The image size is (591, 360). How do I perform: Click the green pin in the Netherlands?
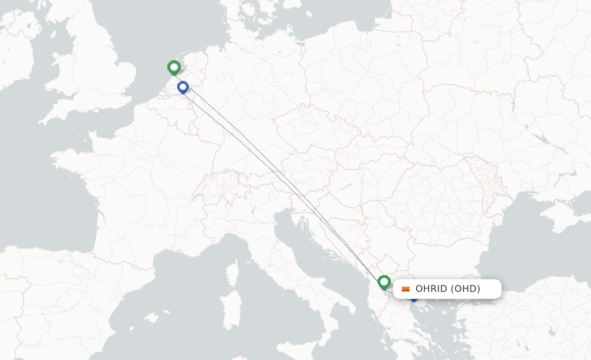(x=174, y=67)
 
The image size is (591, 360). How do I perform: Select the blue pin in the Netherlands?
(x=183, y=88)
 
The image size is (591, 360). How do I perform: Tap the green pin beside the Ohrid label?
(x=384, y=282)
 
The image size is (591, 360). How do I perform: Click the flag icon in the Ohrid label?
(x=406, y=289)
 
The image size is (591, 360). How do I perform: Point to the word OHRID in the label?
(x=431, y=289)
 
